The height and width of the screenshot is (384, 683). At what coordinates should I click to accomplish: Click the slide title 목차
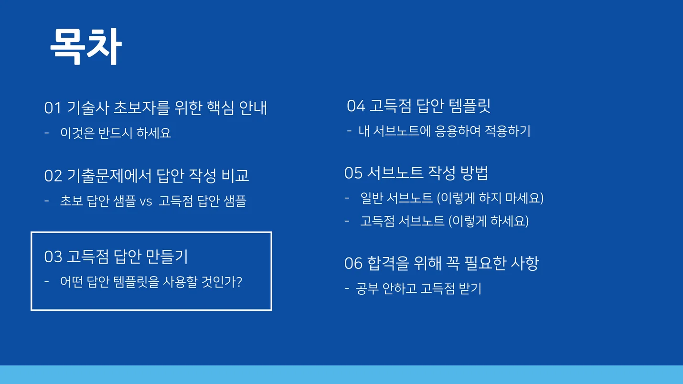[85, 47]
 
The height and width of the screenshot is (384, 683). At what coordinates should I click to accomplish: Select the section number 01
[53, 108]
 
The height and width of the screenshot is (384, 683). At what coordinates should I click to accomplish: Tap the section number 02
[53, 176]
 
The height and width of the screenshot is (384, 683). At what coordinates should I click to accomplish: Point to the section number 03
[53, 257]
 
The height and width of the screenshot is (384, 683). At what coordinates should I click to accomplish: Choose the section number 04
[356, 106]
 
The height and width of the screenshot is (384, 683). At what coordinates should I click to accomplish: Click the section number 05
[353, 173]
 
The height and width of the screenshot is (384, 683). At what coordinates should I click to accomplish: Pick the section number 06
[353, 263]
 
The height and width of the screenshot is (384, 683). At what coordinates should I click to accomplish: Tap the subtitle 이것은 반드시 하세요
[116, 133]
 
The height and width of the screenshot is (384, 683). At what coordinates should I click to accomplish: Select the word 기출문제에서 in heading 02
[111, 176]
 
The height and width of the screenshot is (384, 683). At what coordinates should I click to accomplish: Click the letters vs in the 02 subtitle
[146, 202]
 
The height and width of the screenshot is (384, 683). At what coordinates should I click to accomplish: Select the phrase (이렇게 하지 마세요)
[490, 198]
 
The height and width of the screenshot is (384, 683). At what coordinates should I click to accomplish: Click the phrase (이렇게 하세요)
[489, 221]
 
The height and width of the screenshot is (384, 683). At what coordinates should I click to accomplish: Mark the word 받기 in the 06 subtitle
[470, 288]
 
